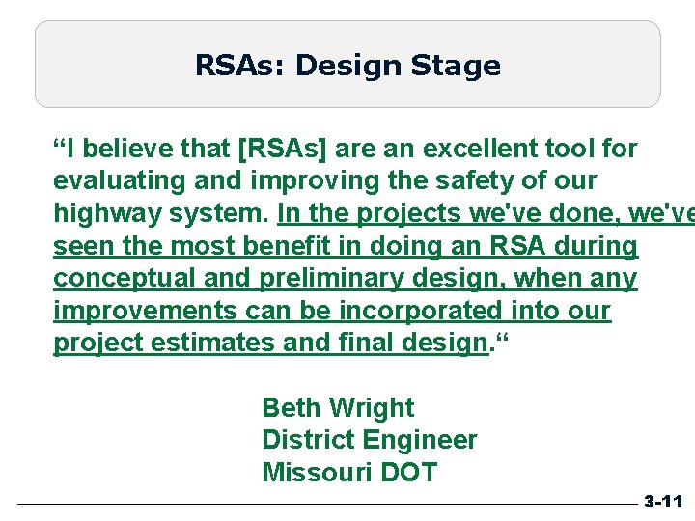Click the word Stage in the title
[457, 66]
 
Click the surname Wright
[372, 408]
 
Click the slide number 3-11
[663, 502]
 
